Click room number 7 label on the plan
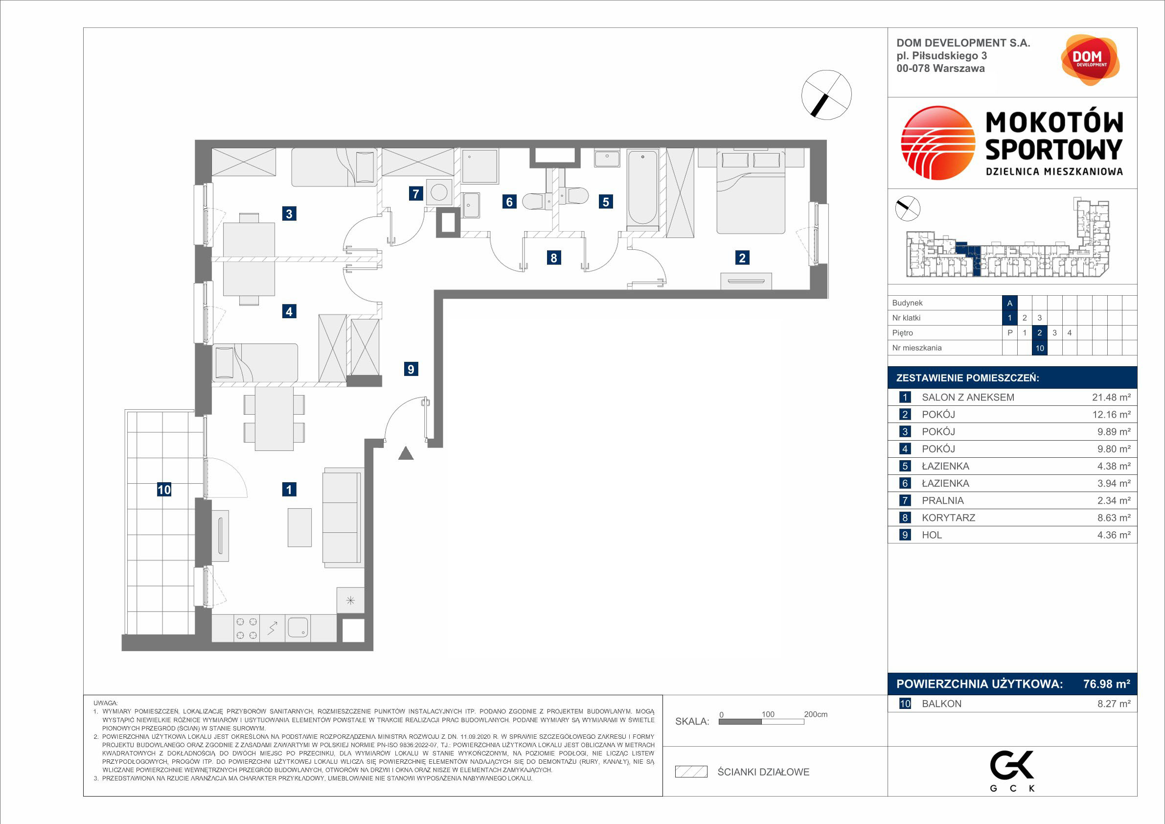tap(415, 193)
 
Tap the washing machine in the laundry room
tap(439, 192)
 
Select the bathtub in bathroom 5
tap(643, 188)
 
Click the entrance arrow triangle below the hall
tap(406, 453)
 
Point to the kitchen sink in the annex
tap(298, 628)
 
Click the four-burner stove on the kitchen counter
tap(247, 628)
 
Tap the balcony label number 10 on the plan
tap(164, 490)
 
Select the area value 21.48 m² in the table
tap(1111, 398)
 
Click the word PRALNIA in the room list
tap(942, 500)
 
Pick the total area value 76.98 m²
tap(1107, 684)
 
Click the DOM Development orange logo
tap(1090, 60)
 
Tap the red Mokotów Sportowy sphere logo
tap(937, 142)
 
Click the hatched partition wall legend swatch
tap(691, 772)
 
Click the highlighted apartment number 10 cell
tap(1040, 348)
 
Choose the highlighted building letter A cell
tap(1010, 303)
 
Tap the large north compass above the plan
tap(826, 95)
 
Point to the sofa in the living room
tap(343, 518)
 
